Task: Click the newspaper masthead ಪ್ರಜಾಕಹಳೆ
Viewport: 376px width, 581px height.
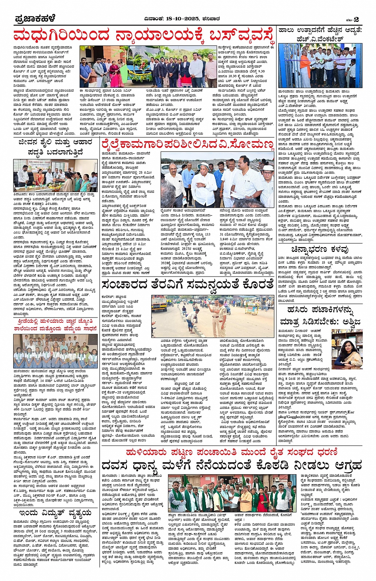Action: point(35,19)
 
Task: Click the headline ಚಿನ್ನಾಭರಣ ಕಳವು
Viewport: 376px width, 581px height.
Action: point(320,249)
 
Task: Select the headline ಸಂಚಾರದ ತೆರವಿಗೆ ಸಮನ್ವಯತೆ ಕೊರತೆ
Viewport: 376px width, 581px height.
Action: point(187,285)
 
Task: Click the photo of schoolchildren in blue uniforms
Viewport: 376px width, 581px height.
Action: point(55,351)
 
